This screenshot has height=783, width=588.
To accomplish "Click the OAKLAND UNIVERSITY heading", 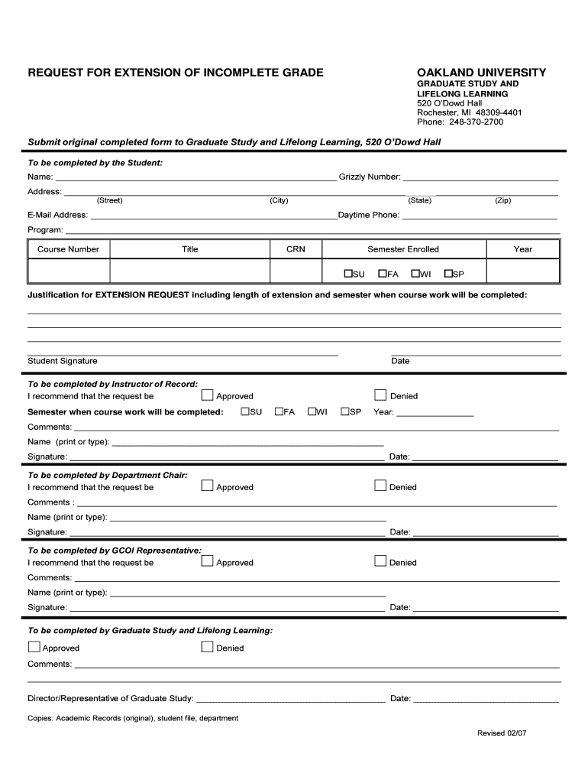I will pos(481,73).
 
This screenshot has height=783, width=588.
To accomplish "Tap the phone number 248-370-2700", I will pos(476,122).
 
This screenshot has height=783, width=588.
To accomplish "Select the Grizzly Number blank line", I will pos(480,177).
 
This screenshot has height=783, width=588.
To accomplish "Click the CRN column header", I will pos(296,249).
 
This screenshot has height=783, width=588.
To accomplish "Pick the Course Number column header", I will pos(69,249).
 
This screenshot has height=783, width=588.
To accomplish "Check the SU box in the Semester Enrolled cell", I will pos(348,273).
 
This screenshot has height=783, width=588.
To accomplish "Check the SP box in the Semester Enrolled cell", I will pos(448,273).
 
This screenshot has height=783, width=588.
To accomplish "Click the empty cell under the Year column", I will pos(522,272).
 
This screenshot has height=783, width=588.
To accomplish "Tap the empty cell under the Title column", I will pos(190,272).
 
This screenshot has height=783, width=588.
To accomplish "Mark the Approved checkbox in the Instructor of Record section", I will pos(207,395).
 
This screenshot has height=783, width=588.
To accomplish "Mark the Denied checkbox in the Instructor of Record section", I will pos(380,395).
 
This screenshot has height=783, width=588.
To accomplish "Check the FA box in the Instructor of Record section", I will pos(279,411).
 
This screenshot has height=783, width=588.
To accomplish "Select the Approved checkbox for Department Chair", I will pos(207,486).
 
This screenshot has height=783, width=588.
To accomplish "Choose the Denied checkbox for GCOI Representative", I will pos(380,561).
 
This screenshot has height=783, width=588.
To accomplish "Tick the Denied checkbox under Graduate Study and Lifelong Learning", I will pos(207,647).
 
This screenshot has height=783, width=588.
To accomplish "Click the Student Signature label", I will pos(63,361).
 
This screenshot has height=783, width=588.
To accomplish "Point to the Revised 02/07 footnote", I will pos(502,733).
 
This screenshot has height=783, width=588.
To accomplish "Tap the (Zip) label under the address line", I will pos(502,200).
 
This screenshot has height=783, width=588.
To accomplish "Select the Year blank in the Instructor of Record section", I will pos(435,413).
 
